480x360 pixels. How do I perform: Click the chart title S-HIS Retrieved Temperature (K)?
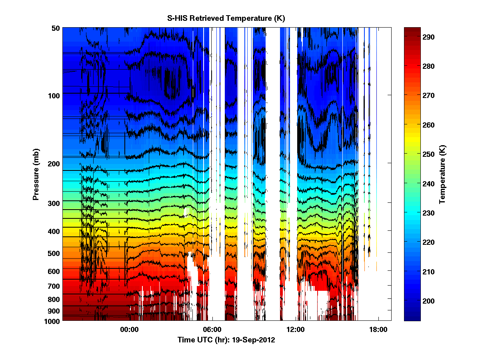[226, 18]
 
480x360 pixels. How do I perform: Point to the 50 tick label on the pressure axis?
[56, 28]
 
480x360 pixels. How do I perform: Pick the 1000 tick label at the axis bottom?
[52, 321]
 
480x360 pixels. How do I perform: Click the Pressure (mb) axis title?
[36, 174]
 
